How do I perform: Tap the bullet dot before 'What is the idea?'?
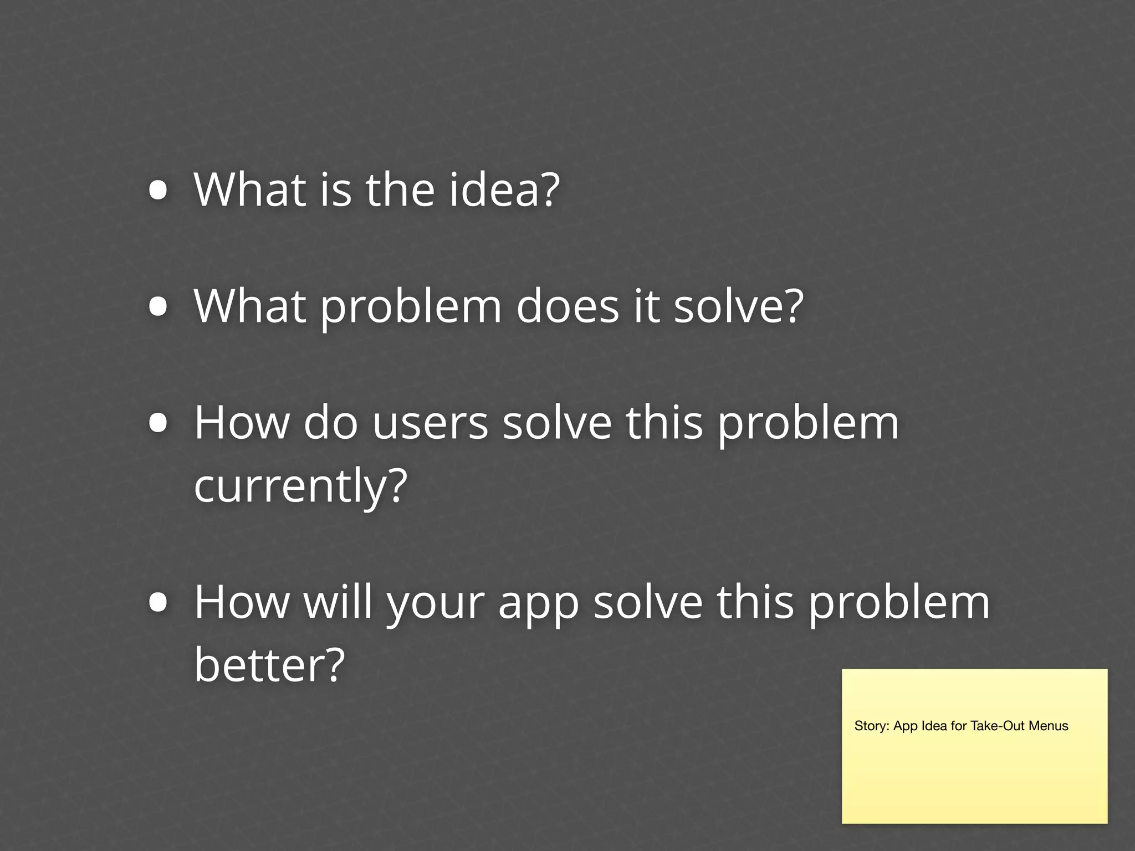click(159, 191)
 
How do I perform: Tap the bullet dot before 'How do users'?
click(159, 424)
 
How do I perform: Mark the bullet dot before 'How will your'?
click(159, 603)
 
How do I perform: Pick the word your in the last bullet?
click(436, 604)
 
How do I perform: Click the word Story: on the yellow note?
click(872, 726)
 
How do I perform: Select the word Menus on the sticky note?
click(1049, 726)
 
